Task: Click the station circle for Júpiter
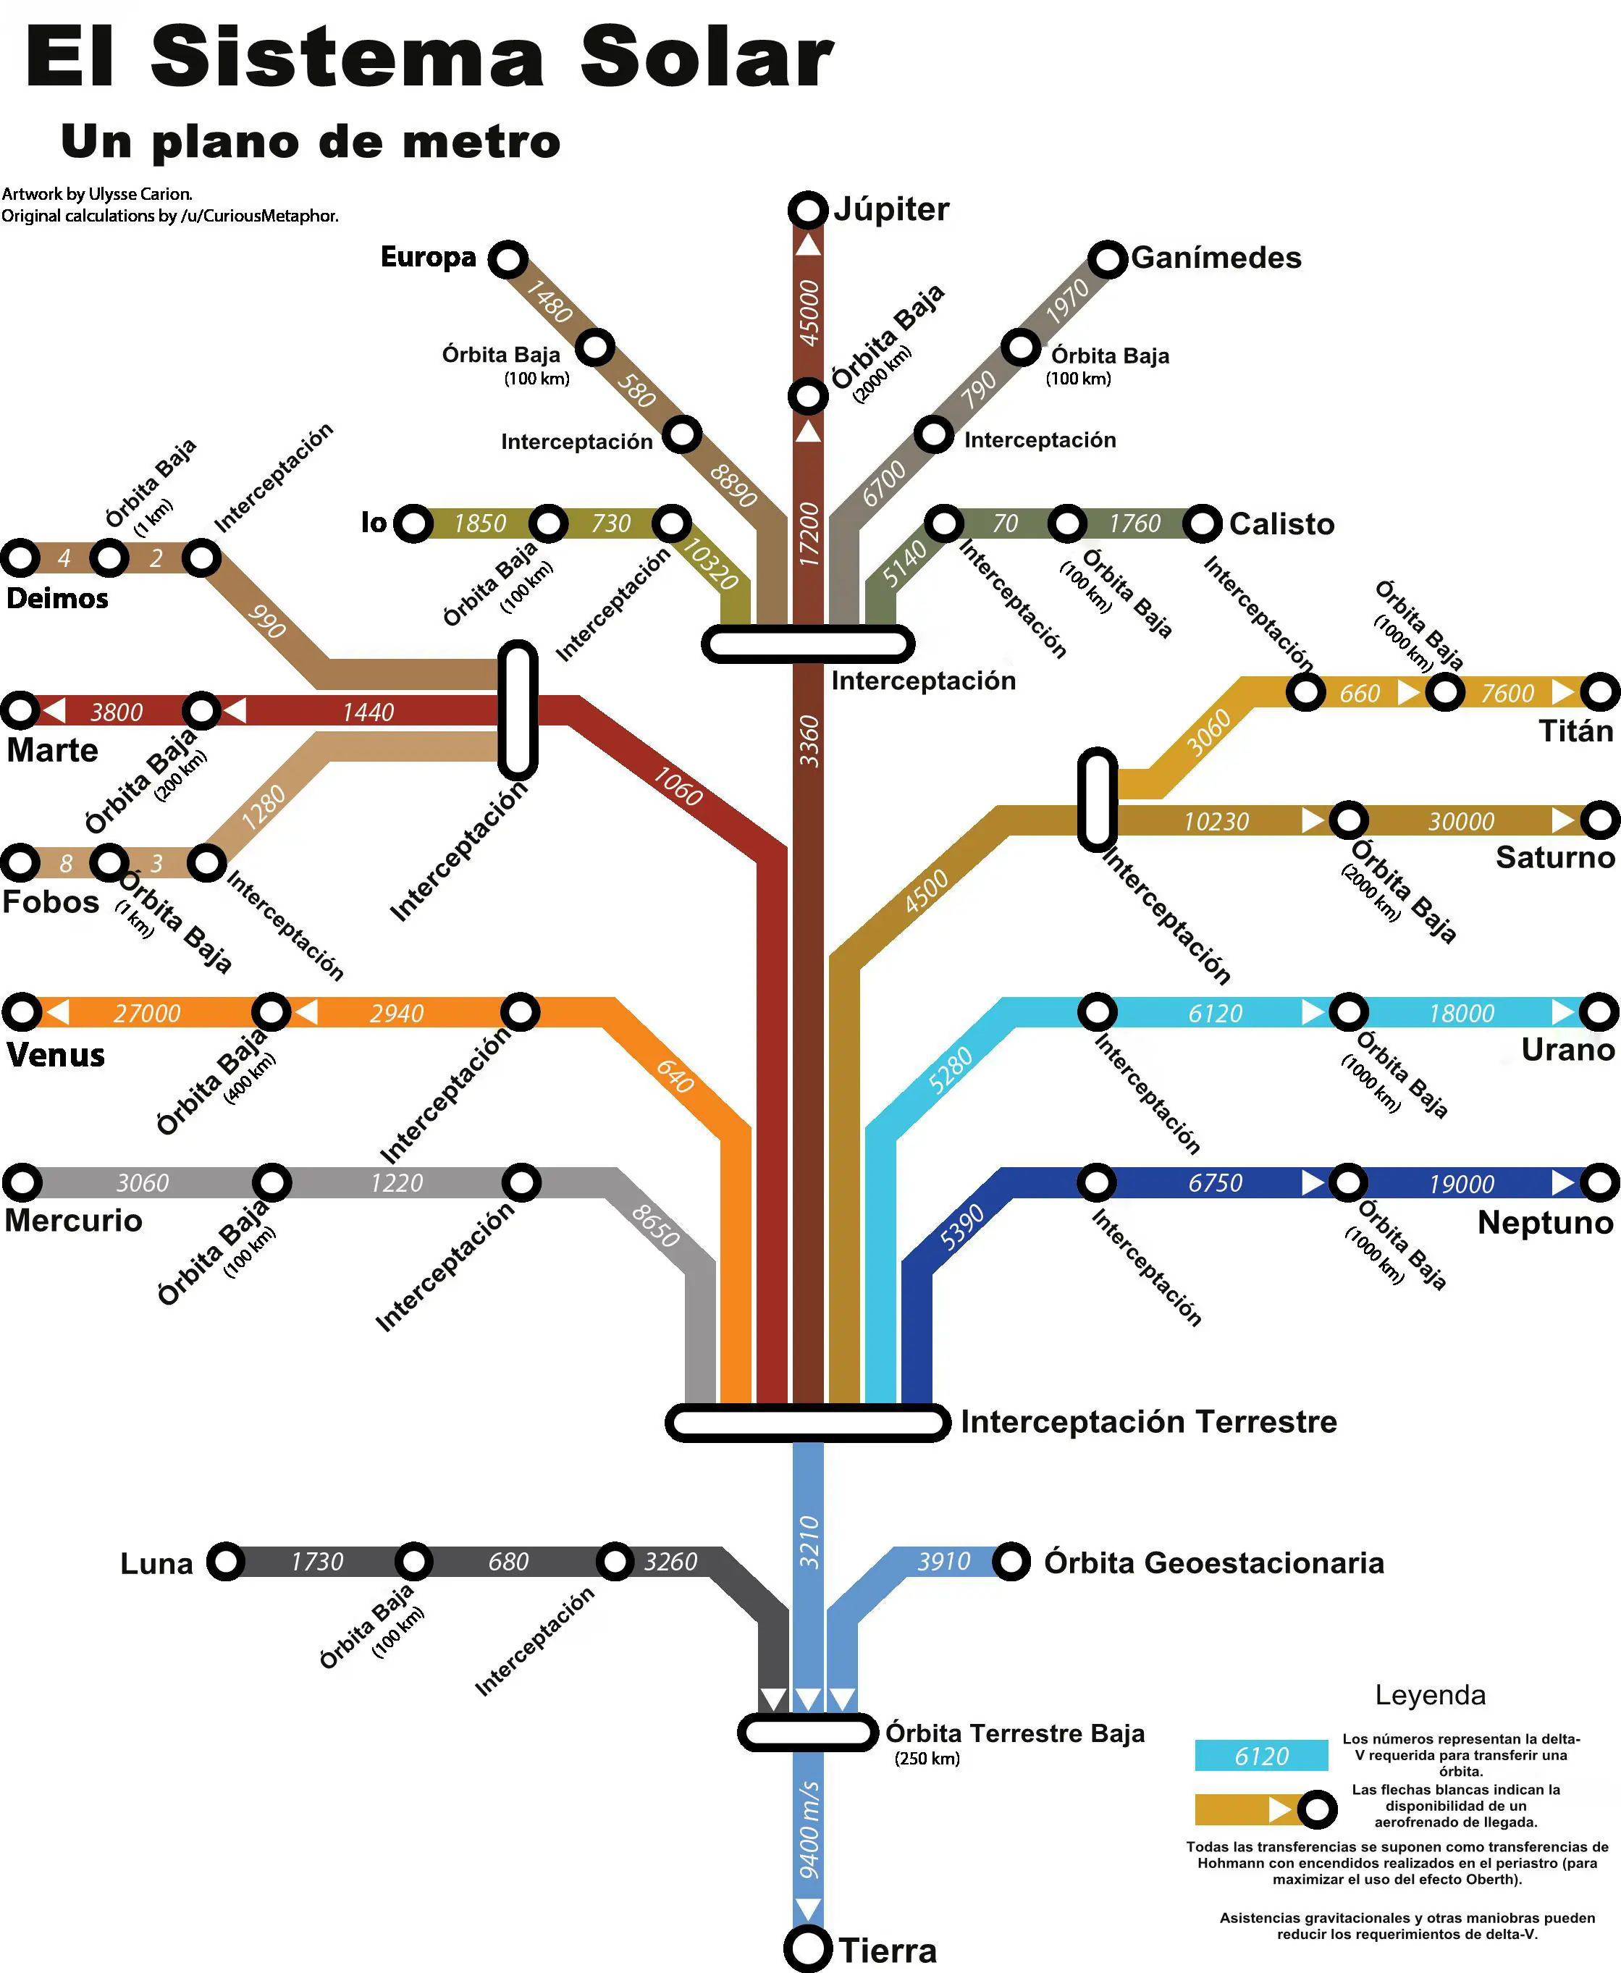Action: click(808, 210)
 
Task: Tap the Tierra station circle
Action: click(808, 1948)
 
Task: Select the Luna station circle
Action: click(226, 1560)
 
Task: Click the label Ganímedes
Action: click(1216, 258)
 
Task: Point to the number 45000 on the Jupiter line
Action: click(809, 313)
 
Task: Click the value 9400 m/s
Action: click(809, 1831)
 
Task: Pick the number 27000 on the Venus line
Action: click(146, 1013)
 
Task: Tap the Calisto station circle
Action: click(1203, 523)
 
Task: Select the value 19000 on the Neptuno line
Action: click(1461, 1184)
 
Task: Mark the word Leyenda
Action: click(1430, 1695)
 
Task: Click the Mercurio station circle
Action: click(22, 1182)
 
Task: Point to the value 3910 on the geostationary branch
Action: click(944, 1561)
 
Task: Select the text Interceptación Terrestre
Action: click(1148, 1421)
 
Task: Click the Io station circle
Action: click(413, 523)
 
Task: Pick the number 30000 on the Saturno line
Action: click(1461, 822)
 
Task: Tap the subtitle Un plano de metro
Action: click(311, 142)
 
